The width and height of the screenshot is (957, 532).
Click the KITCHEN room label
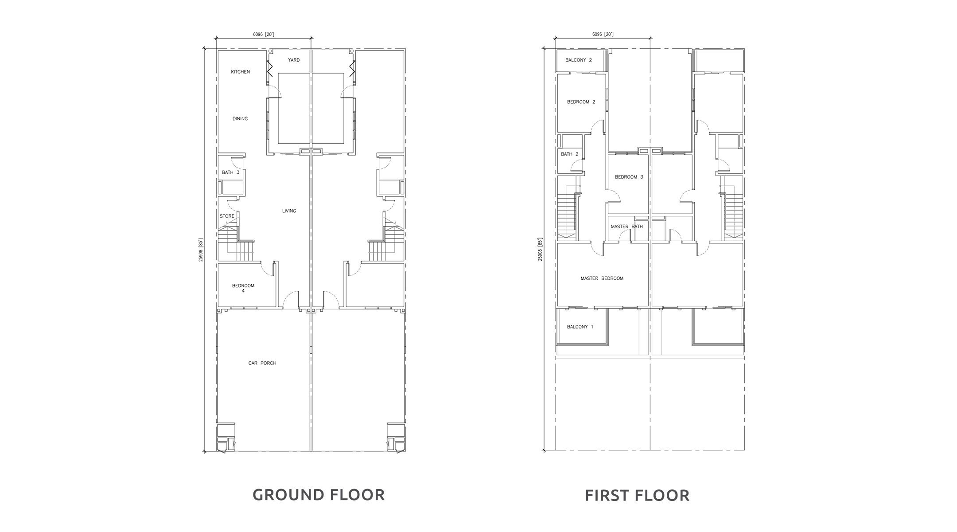tap(240, 72)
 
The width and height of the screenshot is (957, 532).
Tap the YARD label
tap(294, 60)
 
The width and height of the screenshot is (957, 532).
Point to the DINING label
tap(240, 119)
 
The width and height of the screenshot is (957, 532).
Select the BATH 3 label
tap(231, 172)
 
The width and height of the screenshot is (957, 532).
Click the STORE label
tap(227, 216)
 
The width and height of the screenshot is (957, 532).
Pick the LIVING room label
tap(289, 211)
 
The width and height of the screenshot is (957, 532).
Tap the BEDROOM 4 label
tap(243, 288)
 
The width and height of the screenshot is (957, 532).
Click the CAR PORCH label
tap(262, 363)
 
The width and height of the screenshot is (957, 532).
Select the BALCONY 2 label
tap(579, 60)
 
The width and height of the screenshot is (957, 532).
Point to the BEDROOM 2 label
tap(581, 102)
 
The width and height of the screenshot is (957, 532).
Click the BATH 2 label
tap(570, 154)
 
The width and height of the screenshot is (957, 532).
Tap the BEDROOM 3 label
tap(629, 177)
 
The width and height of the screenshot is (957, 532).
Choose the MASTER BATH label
tap(627, 227)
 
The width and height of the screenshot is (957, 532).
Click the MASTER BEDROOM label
tap(602, 278)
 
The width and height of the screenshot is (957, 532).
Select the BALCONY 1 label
tap(580, 327)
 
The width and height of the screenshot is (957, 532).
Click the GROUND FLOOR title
tap(319, 495)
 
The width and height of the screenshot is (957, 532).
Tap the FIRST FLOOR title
tap(637, 495)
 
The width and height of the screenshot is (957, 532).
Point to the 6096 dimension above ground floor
tap(263, 34)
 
